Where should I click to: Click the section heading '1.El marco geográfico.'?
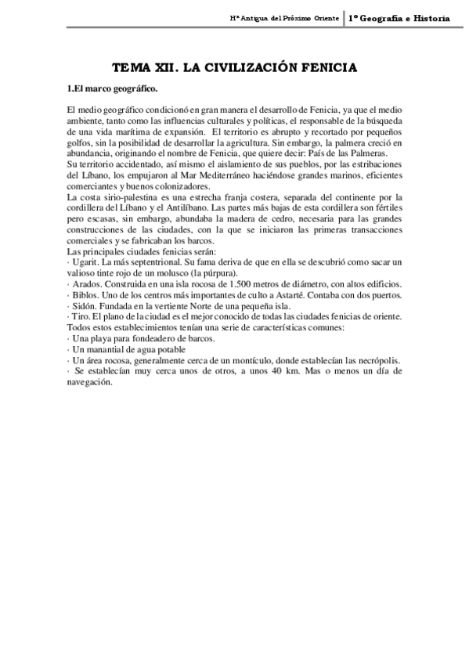click(113, 88)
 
